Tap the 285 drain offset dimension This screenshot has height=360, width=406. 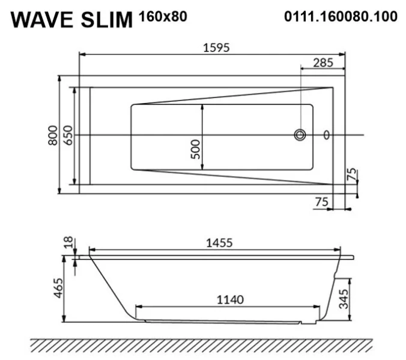coord(324,63)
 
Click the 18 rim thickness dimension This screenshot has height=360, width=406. coord(68,242)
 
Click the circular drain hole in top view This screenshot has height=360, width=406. coord(300,135)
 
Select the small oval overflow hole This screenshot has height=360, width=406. coord(327,135)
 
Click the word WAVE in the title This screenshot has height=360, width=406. coord(43,20)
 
